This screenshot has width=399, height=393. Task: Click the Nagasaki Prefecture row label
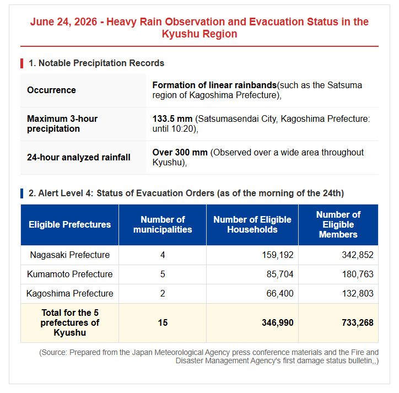[70, 255]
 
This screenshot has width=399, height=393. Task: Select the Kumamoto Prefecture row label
[70, 274]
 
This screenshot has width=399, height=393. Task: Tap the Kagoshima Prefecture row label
[70, 293]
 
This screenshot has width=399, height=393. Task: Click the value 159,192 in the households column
[278, 255]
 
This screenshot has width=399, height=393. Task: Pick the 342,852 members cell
[358, 255]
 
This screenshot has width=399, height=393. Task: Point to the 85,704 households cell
[280, 274]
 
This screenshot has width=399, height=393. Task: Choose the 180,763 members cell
[358, 274]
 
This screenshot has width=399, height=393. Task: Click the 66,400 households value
[280, 293]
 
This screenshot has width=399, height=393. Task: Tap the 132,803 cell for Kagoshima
[358, 293]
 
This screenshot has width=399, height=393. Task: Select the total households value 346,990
[278, 323]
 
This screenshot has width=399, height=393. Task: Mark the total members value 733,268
[358, 323]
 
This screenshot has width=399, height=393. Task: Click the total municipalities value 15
[163, 323]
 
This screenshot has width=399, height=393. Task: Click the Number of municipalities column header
[163, 224]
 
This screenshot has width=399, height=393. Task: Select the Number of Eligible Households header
[252, 224]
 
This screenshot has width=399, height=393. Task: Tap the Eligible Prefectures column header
[70, 224]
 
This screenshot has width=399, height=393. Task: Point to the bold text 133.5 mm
[172, 119]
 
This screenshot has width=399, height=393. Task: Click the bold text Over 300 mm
[180, 153]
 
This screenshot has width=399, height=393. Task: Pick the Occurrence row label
[51, 90]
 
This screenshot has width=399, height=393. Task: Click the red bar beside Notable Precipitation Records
[22, 63]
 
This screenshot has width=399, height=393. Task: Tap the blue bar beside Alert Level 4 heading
[22, 193]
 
